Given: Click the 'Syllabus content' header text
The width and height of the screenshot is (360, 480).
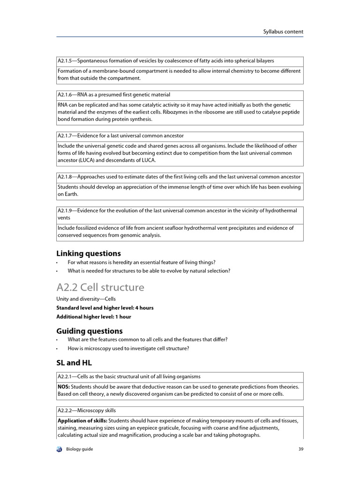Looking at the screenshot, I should (283, 32).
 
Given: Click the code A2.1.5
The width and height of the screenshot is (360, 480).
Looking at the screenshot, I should (66, 61).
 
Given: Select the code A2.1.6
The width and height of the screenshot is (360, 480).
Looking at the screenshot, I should (66, 95).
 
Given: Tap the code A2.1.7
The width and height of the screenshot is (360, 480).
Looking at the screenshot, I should (66, 136).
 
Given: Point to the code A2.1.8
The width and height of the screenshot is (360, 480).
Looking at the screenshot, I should (66, 177).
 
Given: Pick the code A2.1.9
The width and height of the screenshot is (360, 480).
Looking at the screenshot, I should (66, 211).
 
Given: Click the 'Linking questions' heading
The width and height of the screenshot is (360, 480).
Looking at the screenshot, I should (89, 254).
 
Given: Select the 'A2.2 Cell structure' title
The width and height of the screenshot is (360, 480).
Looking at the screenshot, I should (100, 287).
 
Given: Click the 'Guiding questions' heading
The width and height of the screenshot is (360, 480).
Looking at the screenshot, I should (90, 330).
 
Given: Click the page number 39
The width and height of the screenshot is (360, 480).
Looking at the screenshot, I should (300, 449).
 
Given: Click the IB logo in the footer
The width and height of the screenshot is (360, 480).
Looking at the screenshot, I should (59, 449).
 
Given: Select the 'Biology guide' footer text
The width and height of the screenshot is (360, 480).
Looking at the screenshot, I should (80, 449).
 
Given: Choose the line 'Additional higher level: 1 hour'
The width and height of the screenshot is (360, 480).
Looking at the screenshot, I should (94, 316).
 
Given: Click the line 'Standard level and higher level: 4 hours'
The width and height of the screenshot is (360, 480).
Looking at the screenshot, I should (105, 308).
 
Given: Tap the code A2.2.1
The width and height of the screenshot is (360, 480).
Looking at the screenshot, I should (66, 376).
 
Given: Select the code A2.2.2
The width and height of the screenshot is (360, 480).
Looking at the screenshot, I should (66, 411).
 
